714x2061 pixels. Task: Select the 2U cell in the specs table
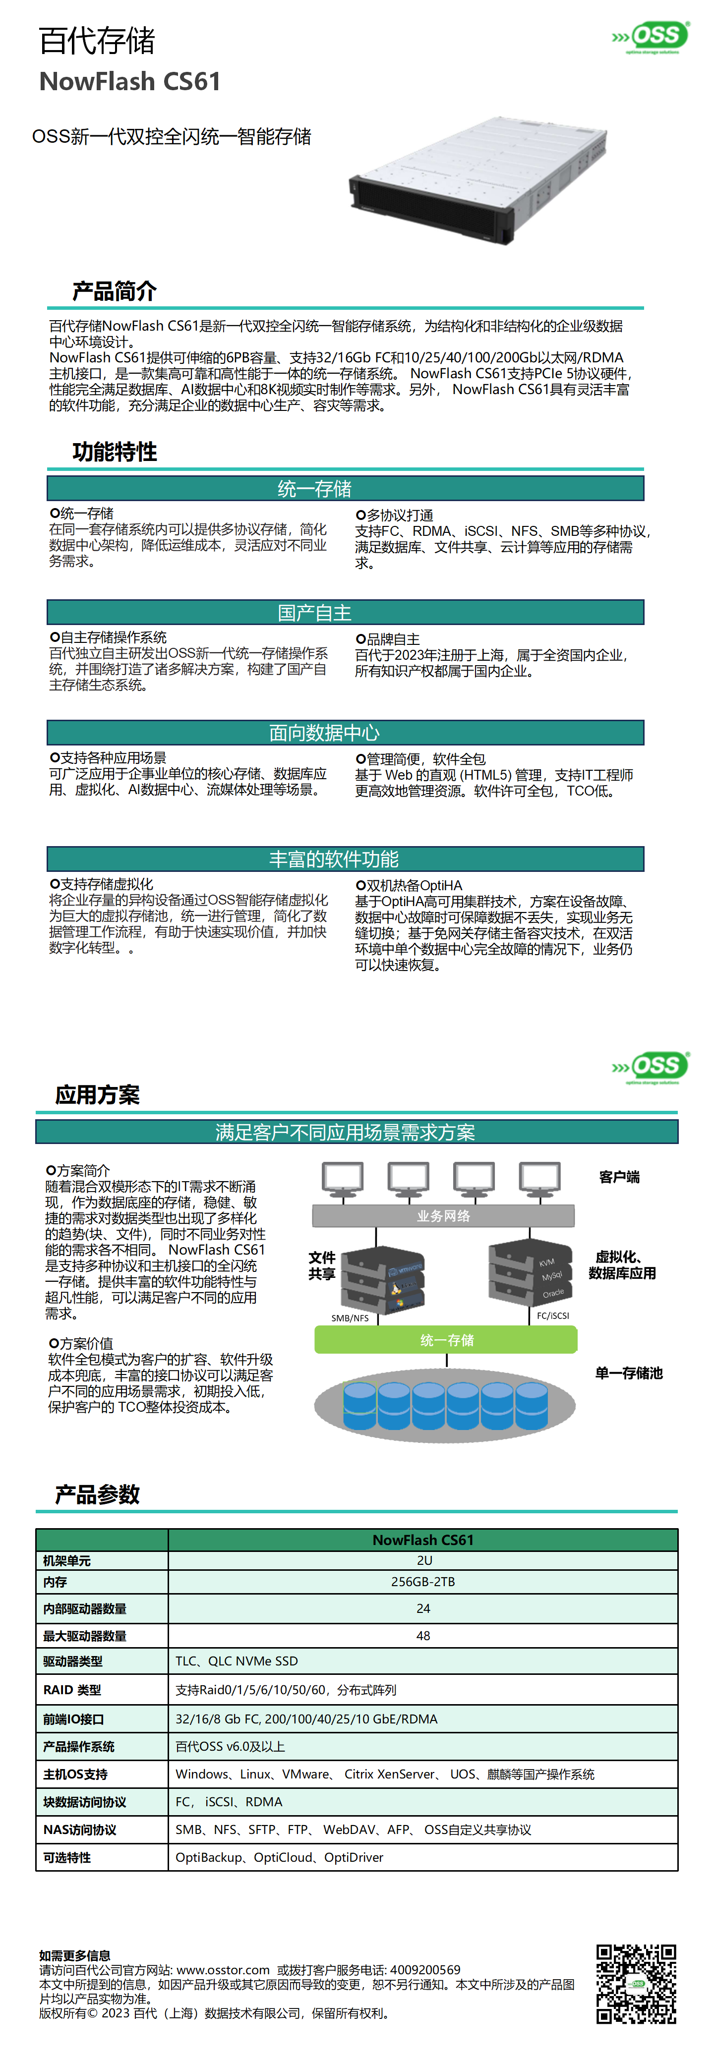423,1560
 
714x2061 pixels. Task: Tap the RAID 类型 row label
72,1690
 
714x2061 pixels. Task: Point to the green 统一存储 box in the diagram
446,1339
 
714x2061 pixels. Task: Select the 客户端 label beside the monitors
619,1177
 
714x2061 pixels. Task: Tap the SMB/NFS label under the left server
350,1317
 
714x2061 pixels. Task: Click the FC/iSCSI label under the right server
552,1316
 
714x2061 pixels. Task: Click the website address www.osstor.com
223,1970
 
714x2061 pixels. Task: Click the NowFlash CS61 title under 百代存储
130,82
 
